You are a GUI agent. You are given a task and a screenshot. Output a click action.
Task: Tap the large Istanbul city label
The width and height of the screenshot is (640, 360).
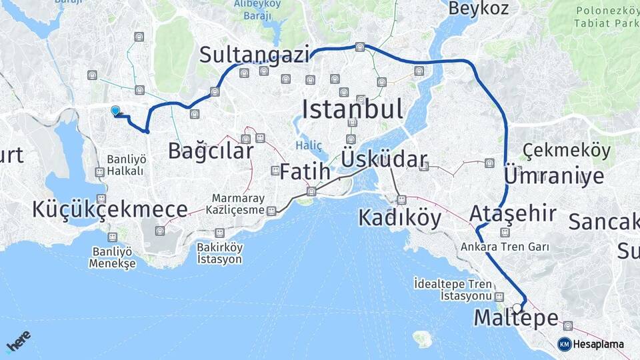tap(353, 109)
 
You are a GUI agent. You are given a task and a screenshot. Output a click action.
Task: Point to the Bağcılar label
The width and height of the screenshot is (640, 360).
tap(211, 151)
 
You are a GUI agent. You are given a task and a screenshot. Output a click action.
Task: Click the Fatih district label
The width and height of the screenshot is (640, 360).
tap(305, 172)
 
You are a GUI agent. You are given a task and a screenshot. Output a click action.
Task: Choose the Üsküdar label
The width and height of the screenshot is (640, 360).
tap(384, 160)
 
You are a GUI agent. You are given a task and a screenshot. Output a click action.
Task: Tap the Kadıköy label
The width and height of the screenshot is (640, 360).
tap(400, 218)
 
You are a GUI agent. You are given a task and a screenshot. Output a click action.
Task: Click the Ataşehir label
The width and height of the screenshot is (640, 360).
tap(513, 214)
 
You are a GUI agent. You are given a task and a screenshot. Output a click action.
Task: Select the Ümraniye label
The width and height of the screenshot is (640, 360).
tap(554, 176)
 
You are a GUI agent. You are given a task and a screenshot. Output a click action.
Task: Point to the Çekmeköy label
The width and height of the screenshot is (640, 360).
tap(567, 151)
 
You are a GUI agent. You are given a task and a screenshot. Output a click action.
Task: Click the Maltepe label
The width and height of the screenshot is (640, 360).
tap(515, 319)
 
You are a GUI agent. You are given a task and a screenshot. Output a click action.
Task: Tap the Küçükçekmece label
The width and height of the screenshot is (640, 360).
tap(109, 209)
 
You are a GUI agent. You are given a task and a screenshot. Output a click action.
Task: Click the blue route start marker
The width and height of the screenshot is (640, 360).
tap(115, 111)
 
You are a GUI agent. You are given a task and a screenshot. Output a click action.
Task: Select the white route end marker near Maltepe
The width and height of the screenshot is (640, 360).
tap(517, 308)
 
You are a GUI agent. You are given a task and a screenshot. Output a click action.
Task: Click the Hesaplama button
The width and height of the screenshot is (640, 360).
tap(591, 344)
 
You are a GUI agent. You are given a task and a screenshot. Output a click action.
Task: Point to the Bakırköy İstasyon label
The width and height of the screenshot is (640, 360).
tap(219, 253)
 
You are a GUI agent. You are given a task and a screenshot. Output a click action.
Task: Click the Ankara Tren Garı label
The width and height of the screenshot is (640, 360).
tap(505, 247)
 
